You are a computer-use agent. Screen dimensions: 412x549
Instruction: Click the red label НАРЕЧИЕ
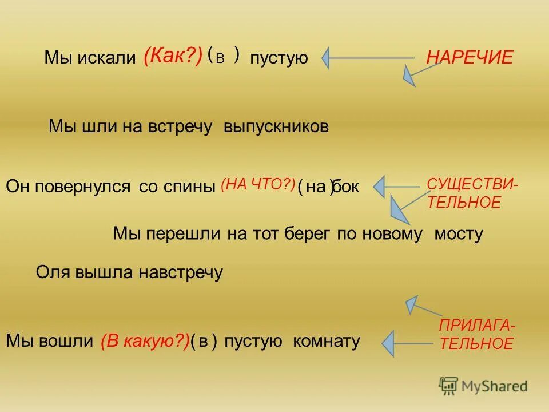(470, 57)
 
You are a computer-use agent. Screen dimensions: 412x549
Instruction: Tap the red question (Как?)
(173, 57)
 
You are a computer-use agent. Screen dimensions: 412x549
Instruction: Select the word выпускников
(276, 126)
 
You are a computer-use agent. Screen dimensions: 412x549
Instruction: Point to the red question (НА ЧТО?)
(258, 184)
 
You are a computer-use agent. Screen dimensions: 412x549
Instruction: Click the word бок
(346, 187)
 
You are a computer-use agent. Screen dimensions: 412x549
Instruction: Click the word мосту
(459, 233)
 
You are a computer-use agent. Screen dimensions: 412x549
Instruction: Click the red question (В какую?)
(145, 342)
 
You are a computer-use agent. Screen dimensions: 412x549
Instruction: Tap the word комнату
(326, 342)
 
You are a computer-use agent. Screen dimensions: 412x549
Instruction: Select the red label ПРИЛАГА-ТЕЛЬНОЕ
(476, 335)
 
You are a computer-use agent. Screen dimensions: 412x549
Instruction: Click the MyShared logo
(483, 386)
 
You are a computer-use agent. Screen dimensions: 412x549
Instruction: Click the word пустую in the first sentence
(279, 58)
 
